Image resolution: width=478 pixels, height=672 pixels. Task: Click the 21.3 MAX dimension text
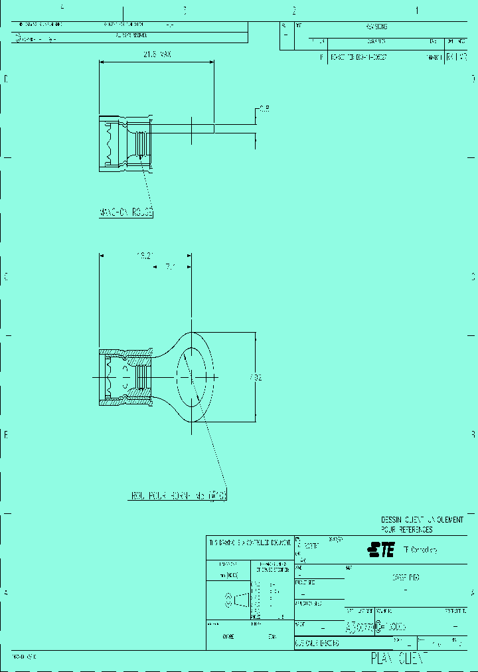click(x=156, y=55)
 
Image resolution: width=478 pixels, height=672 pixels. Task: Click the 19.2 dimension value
click(x=145, y=254)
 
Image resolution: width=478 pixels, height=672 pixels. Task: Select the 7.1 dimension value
click(x=170, y=267)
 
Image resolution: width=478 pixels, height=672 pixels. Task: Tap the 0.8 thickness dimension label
click(x=264, y=108)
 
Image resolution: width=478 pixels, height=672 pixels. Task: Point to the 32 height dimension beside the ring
click(x=256, y=377)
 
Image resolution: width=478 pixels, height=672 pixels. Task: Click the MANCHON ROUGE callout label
click(x=126, y=213)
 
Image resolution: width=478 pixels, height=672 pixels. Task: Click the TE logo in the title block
click(x=381, y=549)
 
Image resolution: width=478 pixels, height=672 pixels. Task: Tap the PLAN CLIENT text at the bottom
click(x=398, y=658)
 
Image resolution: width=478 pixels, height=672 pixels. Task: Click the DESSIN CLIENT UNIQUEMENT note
click(x=422, y=520)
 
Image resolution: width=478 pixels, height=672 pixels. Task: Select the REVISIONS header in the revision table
click(x=376, y=27)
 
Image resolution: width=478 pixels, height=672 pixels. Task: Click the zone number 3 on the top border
click(x=185, y=11)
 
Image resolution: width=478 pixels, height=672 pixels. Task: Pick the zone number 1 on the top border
click(x=417, y=11)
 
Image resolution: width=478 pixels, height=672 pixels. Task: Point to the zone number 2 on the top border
click(x=293, y=11)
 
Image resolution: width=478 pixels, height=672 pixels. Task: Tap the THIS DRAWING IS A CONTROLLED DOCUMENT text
click(x=250, y=543)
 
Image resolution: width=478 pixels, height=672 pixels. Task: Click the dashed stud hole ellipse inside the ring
click(x=191, y=377)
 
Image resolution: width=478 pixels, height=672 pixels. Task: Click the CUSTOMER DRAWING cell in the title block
click(x=317, y=644)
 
